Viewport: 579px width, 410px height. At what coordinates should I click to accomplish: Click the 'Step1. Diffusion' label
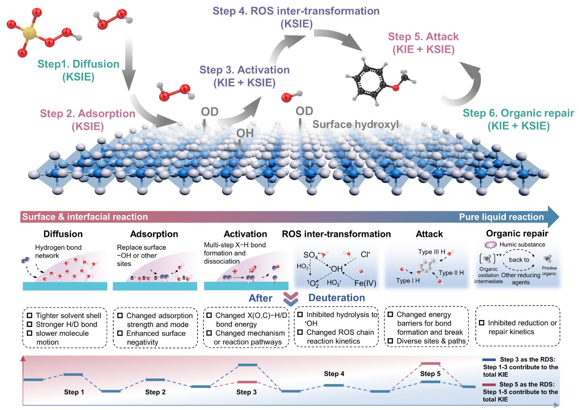(x=78, y=64)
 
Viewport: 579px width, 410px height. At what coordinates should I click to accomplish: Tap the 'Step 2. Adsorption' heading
(x=87, y=114)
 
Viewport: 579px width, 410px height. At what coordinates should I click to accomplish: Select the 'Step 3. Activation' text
(x=244, y=70)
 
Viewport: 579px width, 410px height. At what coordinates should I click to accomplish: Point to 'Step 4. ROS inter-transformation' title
(x=296, y=11)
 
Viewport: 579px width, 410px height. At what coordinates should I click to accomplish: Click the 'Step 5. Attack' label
(x=423, y=37)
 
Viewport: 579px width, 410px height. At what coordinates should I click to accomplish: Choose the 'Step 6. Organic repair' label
(x=518, y=113)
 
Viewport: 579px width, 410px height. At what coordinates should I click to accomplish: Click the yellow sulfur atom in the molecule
(x=29, y=33)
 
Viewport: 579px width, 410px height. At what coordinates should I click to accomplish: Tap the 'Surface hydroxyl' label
(x=355, y=125)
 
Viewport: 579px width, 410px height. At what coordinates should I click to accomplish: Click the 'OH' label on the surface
(x=245, y=134)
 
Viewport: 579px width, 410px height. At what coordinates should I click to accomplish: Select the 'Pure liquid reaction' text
(x=501, y=217)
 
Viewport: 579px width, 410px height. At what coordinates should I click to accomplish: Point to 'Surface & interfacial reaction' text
(x=85, y=217)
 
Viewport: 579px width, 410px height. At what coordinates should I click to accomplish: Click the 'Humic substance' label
(x=522, y=245)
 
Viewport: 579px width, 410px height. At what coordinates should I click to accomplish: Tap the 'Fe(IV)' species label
(x=365, y=283)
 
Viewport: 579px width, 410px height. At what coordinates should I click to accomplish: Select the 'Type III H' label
(x=431, y=252)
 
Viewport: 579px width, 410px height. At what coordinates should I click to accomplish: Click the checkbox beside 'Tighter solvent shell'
(x=30, y=316)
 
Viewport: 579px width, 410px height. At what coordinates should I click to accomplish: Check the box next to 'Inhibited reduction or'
(x=482, y=323)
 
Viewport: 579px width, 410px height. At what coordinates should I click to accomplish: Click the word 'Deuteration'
(x=336, y=298)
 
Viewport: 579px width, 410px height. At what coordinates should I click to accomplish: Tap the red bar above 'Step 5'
(x=430, y=364)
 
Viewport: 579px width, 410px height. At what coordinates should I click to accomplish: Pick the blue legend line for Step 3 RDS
(x=489, y=360)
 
